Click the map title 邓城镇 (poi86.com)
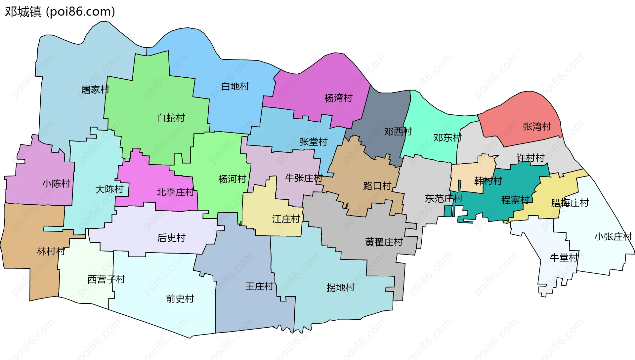click(60, 12)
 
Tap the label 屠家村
click(95, 90)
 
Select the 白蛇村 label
click(171, 118)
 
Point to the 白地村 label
click(235, 87)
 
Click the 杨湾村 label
click(338, 98)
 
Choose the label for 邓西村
click(398, 132)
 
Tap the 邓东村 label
click(447, 138)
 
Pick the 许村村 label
click(530, 158)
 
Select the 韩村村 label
click(488, 181)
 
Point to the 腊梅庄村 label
click(570, 203)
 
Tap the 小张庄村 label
click(613, 237)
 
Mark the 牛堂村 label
click(564, 258)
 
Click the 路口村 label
click(377, 186)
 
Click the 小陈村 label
click(56, 184)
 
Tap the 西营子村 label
click(106, 279)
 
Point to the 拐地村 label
click(340, 288)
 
